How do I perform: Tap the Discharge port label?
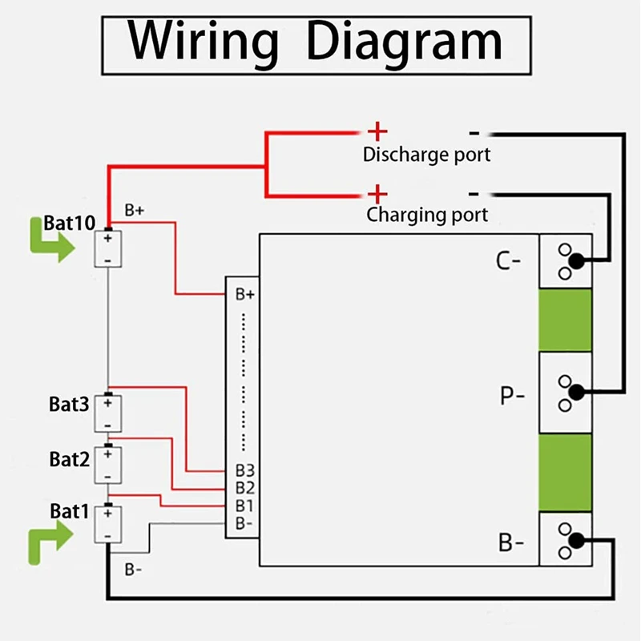coord(426,154)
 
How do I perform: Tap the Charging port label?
coord(427,215)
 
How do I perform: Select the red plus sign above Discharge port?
coord(377,131)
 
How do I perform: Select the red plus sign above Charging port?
coord(377,193)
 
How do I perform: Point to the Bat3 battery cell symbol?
coord(107,413)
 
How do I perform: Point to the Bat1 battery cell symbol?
coord(107,525)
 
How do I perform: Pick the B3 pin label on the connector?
coord(244,470)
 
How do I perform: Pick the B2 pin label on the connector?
coord(244,488)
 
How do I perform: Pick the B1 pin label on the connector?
coord(244,506)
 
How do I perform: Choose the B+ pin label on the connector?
coord(245,295)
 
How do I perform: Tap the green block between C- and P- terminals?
coord(564,320)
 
